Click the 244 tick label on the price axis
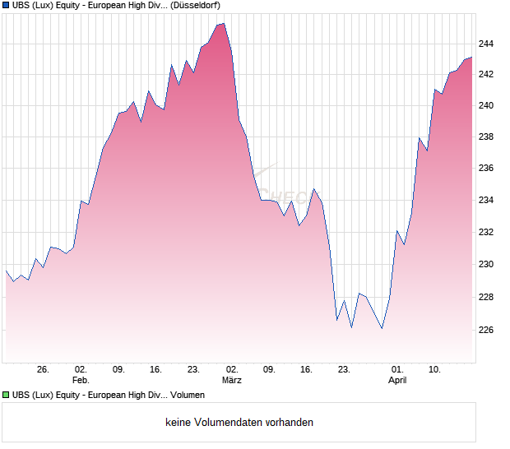[x=486, y=44]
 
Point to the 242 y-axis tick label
[x=486, y=75]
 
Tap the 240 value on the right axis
[x=486, y=106]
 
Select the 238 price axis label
[x=486, y=137]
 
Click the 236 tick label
[x=486, y=169]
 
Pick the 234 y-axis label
[x=486, y=201]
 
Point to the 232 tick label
[x=486, y=232]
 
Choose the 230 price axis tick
[x=486, y=265]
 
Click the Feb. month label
[x=80, y=381]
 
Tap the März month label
[x=232, y=381]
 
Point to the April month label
[x=397, y=381]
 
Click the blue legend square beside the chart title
[x=5, y=5]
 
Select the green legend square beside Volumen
[x=5, y=396]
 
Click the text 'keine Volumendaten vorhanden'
[x=239, y=423]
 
